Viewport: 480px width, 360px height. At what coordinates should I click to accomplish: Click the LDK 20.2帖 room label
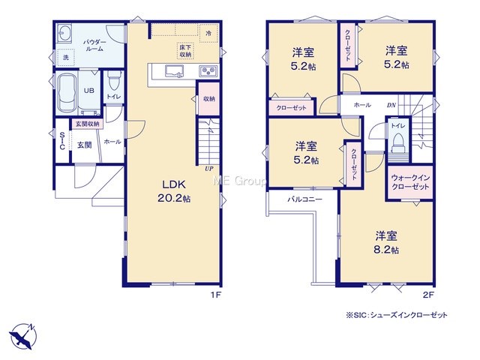tap(174, 191)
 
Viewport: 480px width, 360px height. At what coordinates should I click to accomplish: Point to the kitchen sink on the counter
tap(174, 71)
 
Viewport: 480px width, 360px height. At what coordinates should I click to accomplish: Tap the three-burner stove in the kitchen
tap(208, 71)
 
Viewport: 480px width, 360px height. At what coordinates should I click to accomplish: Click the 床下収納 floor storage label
tap(185, 51)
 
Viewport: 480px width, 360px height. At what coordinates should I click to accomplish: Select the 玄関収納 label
tap(88, 124)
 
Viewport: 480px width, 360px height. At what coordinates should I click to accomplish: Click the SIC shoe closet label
tap(62, 141)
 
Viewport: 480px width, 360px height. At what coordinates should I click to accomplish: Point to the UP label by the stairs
tap(209, 169)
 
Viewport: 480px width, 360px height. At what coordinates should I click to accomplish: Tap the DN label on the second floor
tap(391, 105)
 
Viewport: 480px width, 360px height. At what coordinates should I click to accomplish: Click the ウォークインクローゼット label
tap(410, 182)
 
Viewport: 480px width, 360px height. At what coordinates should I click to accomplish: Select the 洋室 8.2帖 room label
tap(386, 243)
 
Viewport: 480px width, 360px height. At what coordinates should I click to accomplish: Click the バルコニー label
tap(305, 199)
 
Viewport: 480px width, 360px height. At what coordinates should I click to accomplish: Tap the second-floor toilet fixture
tap(398, 142)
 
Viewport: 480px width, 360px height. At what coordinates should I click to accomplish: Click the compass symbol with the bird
tap(22, 336)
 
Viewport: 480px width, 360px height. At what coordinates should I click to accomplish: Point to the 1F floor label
tap(215, 295)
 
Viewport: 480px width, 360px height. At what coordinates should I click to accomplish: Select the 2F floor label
tap(428, 295)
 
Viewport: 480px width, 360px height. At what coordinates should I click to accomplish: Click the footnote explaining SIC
tap(397, 315)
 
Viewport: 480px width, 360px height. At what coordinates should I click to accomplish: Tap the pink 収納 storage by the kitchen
tap(208, 99)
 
